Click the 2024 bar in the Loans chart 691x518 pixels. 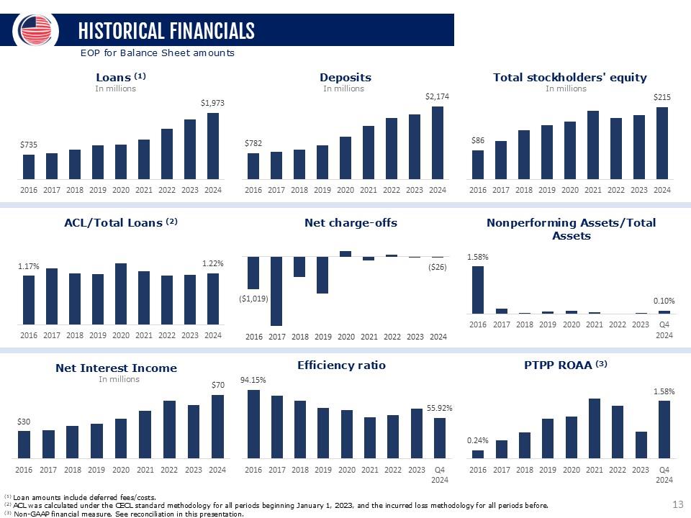click(213, 146)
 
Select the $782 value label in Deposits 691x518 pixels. click(253, 144)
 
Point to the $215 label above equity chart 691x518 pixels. click(661, 96)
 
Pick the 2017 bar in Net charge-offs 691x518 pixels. click(276, 291)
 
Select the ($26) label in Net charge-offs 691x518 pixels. click(437, 268)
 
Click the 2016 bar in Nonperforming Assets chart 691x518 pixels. click(478, 290)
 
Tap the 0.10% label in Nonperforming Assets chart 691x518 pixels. click(664, 301)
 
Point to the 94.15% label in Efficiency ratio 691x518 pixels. click(253, 381)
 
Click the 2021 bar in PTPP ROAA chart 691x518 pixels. click(595, 428)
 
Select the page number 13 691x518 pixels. click(677, 506)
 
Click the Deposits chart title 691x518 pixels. click(345, 78)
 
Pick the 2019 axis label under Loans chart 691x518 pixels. click(98, 190)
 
